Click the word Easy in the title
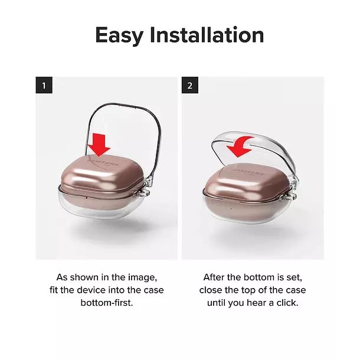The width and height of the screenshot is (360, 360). click(119, 35)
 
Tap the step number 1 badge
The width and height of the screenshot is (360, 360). click(44, 85)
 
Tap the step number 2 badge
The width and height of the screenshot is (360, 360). click(190, 85)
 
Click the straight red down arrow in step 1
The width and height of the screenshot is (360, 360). click(99, 145)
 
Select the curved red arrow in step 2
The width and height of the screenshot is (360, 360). click(241, 146)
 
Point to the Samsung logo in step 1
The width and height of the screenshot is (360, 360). click(104, 162)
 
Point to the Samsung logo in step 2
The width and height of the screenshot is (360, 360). click(248, 172)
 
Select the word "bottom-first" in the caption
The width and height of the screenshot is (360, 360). click(107, 303)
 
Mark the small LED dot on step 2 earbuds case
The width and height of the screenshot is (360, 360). click(231, 209)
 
